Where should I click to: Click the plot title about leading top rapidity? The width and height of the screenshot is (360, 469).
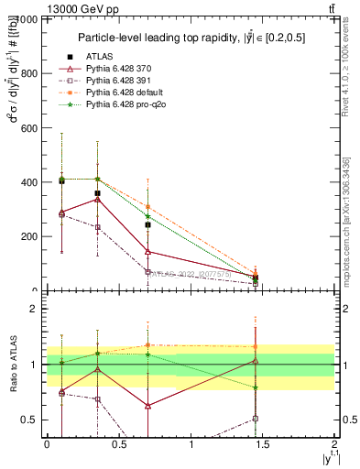tap(191, 38)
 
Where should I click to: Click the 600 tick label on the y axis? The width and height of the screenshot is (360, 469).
tap(28, 127)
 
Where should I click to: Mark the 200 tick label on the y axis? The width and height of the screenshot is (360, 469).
tap(28, 236)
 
